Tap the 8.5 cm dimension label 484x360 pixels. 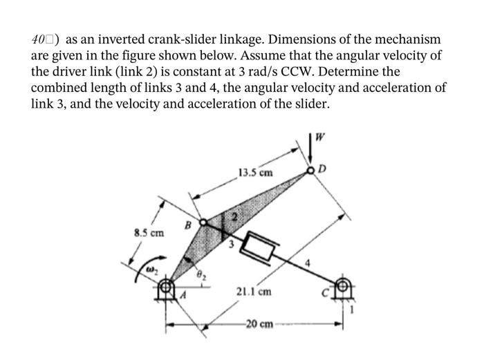pos(148,233)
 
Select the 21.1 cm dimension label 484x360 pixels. pos(254,292)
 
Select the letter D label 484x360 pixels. pos(321,167)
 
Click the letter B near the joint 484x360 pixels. pos(187,225)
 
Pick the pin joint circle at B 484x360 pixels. pos(203,222)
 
